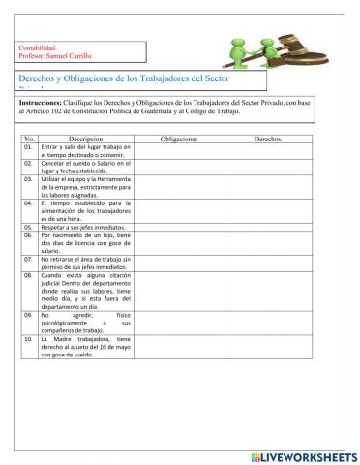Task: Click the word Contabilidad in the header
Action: point(38,47)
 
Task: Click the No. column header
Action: point(29,139)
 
